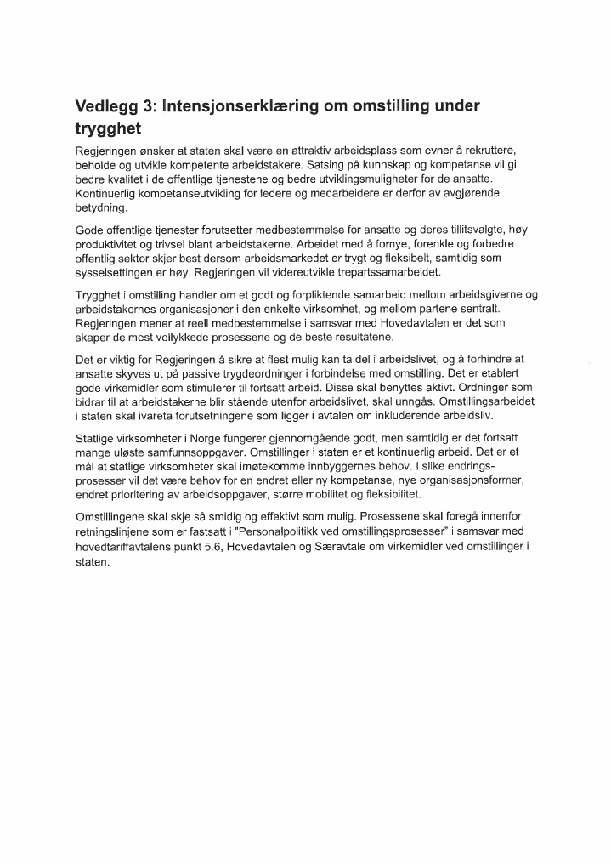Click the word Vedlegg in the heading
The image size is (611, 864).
coord(108,106)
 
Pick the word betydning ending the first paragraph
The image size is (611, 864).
coord(100,208)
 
